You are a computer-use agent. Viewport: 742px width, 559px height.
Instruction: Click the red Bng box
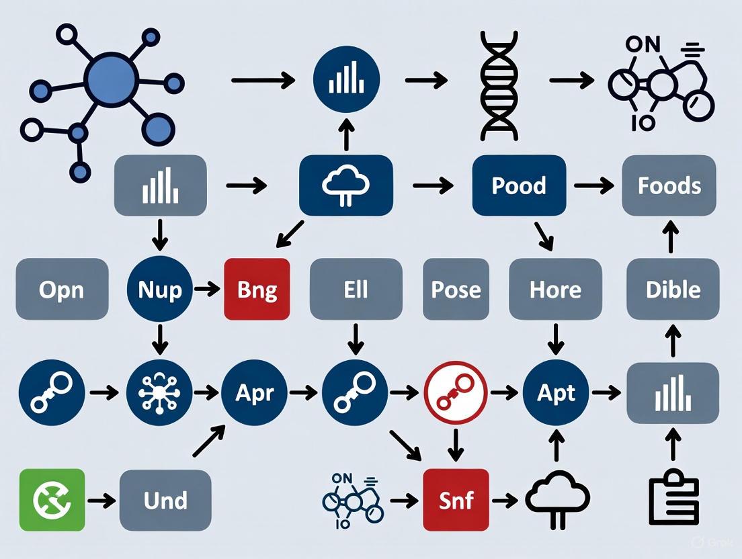(x=257, y=289)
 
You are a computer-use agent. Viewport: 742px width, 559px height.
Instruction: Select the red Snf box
(x=456, y=500)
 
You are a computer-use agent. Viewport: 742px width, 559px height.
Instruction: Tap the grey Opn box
(x=61, y=289)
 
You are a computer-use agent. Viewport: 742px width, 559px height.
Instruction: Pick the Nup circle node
(x=159, y=289)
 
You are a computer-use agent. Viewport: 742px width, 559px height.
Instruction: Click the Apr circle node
(x=254, y=392)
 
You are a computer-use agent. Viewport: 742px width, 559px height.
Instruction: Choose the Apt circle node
(x=556, y=392)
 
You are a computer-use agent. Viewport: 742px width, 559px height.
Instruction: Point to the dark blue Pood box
(x=518, y=185)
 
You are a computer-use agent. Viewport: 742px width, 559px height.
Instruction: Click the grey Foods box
(x=669, y=185)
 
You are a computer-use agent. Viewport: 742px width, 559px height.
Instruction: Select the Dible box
(x=673, y=289)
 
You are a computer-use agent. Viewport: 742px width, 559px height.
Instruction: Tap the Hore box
(x=555, y=289)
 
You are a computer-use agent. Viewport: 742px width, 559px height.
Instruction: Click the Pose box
(x=456, y=289)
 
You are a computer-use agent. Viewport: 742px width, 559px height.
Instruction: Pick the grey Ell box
(x=356, y=289)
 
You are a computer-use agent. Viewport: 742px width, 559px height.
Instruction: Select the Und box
(x=165, y=500)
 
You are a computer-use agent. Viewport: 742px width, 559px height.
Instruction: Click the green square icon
(x=52, y=500)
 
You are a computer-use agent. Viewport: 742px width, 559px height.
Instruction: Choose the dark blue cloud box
(x=345, y=185)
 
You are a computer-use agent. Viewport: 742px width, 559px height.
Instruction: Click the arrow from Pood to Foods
(x=593, y=185)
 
